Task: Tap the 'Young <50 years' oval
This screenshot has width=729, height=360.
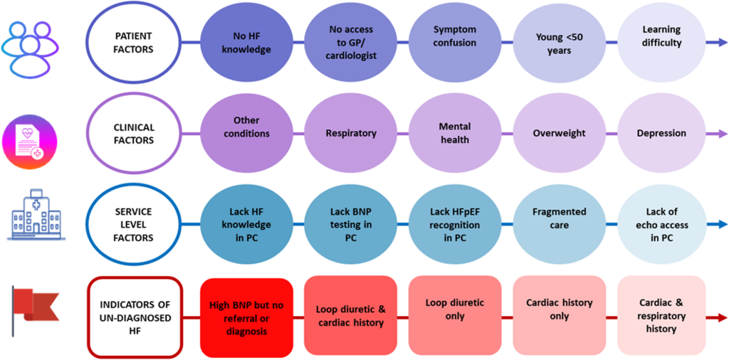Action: coord(559,43)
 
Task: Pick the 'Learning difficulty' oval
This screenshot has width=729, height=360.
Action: coord(661,37)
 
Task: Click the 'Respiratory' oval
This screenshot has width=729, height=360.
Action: coord(350,133)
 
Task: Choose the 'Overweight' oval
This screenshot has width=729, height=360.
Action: coord(559,133)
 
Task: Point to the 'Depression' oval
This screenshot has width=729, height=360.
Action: coord(661,133)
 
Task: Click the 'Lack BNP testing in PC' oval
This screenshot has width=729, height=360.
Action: coord(350,225)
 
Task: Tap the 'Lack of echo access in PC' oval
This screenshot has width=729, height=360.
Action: coord(661,225)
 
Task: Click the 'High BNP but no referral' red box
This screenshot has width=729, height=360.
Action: coord(246,317)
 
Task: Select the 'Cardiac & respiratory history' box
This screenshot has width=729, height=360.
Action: coord(661,316)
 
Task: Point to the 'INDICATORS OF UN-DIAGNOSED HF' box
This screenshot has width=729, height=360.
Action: coord(135,317)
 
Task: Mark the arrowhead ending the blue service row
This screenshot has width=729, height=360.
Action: coord(722,225)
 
